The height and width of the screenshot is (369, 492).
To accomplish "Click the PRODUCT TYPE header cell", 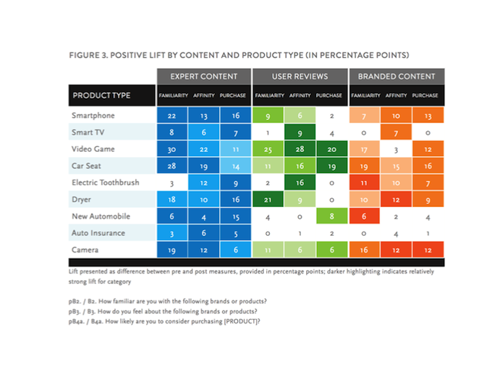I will tap(101, 96).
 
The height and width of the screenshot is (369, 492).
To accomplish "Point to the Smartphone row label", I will tap(93, 115).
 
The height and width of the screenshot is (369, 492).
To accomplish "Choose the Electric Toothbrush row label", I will tap(106, 182).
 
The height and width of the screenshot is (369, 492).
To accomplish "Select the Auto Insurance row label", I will tap(98, 234).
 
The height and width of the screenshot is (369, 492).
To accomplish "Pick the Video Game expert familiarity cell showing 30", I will tap(171, 149).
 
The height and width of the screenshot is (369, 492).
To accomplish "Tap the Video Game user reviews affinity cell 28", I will tap(299, 149).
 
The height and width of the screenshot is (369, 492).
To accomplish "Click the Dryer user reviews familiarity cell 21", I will tap(267, 200).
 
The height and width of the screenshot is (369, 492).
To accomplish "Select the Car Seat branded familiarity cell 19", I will tap(365, 166).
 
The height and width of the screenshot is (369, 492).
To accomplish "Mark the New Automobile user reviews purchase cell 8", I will tap(330, 216).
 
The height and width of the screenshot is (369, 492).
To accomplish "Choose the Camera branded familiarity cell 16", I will tap(365, 250).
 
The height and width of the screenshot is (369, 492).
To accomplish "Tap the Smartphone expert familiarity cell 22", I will tap(171, 115).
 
